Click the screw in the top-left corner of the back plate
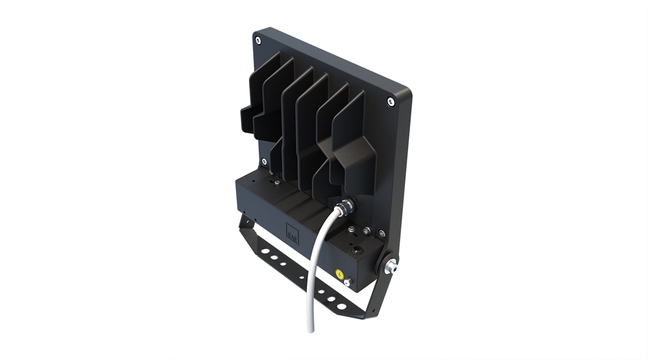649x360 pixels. coord(258,40)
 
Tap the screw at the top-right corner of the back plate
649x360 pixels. coord(391,101)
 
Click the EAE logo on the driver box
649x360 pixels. coord(292,233)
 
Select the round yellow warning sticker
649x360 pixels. coord(339,273)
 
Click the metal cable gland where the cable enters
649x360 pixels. coord(345,207)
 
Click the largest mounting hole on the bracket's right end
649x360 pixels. coord(341,306)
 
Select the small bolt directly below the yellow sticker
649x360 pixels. coord(347,283)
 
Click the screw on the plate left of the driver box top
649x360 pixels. coord(264,161)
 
